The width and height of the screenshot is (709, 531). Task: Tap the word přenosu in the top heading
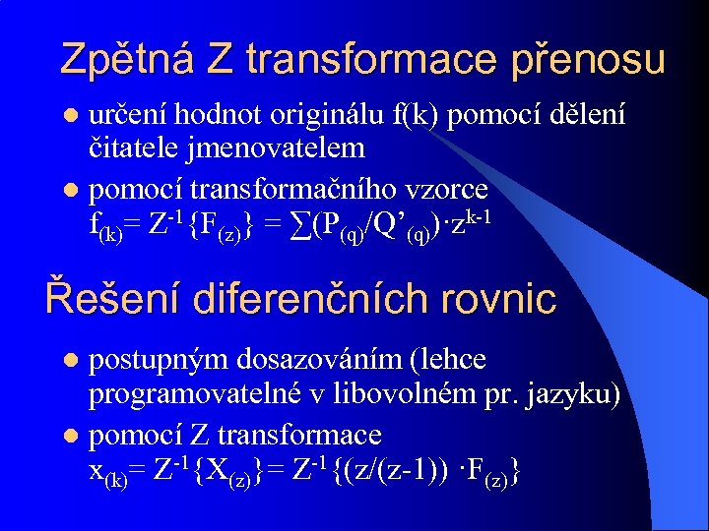click(x=589, y=61)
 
